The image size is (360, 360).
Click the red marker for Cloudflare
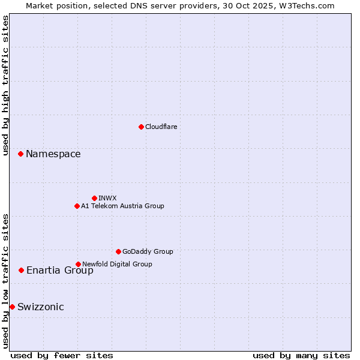pyautogui.click(x=141, y=127)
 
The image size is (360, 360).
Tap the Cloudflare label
pyautogui.click(x=161, y=127)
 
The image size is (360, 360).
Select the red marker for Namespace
pyautogui.click(x=20, y=154)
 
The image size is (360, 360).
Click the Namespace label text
pyautogui.click(x=53, y=154)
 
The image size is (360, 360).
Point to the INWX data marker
pyautogui.click(x=94, y=198)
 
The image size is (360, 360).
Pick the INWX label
pyautogui.click(x=107, y=198)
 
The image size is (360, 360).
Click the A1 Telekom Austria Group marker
pyautogui.click(x=77, y=206)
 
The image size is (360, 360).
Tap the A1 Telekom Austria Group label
pyautogui.click(x=122, y=206)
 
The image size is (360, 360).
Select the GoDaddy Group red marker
pyautogui.click(x=118, y=251)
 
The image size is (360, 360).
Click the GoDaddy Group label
pyautogui.click(x=148, y=251)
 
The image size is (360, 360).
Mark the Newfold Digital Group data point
pyautogui.click(x=78, y=264)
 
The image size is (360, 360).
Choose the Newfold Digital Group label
pyautogui.click(x=117, y=264)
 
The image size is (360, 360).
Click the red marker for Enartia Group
pyautogui.click(x=21, y=270)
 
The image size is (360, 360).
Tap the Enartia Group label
pyautogui.click(x=59, y=271)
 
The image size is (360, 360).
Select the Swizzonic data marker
pyautogui.click(x=12, y=307)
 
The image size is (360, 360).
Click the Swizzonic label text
pyautogui.click(x=40, y=307)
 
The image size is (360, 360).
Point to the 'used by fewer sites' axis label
pyautogui.click(x=62, y=355)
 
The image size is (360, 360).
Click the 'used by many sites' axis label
pyautogui.click(x=301, y=355)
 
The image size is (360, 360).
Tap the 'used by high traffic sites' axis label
pyautogui.click(x=5, y=85)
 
